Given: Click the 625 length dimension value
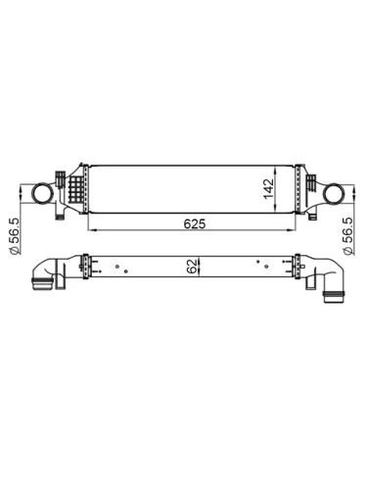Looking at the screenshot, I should [x=194, y=223].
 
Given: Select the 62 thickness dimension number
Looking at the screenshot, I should [x=192, y=264].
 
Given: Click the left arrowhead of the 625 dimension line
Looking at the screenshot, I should [x=91, y=231].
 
